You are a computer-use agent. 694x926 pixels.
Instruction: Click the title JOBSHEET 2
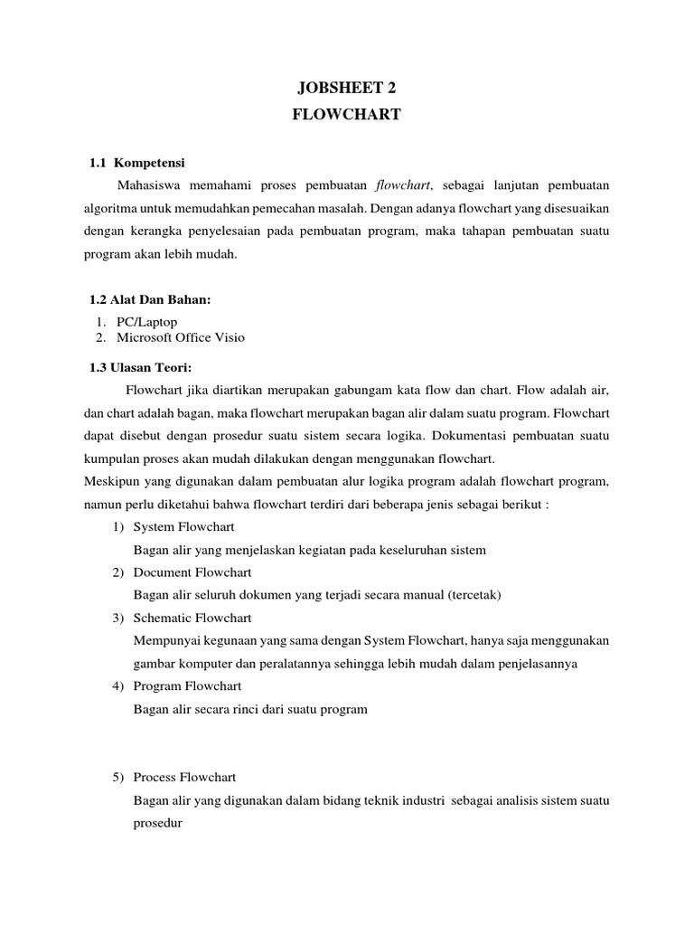[347, 88]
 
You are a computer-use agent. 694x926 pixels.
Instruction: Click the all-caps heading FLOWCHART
[347, 115]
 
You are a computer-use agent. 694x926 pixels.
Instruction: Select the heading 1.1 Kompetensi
[136, 163]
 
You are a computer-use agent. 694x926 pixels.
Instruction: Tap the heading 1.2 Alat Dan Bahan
[150, 300]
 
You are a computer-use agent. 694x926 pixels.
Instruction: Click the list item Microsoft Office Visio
[180, 337]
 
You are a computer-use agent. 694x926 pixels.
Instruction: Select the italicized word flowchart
[404, 185]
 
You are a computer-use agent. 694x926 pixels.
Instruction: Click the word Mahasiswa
[149, 185]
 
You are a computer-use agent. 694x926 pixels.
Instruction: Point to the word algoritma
[111, 208]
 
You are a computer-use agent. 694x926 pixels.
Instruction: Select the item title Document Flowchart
[192, 572]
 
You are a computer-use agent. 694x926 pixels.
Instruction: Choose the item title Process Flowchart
[185, 777]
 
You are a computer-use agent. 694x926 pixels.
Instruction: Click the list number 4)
[117, 686]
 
